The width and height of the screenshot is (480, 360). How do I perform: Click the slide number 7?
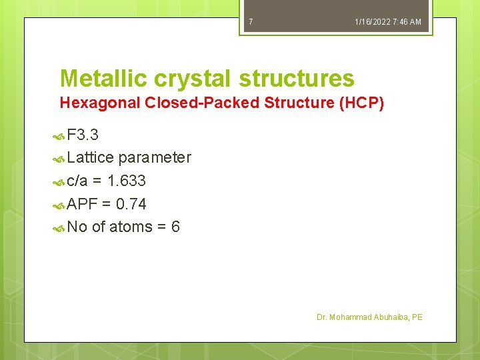click(251, 22)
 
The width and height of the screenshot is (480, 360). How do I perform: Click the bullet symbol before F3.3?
click(59, 136)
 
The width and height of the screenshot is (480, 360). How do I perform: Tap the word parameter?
click(155, 158)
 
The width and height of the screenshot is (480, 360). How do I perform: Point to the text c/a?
click(78, 181)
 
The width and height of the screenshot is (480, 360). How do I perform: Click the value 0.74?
click(131, 204)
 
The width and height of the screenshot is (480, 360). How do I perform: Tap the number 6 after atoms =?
click(175, 227)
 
